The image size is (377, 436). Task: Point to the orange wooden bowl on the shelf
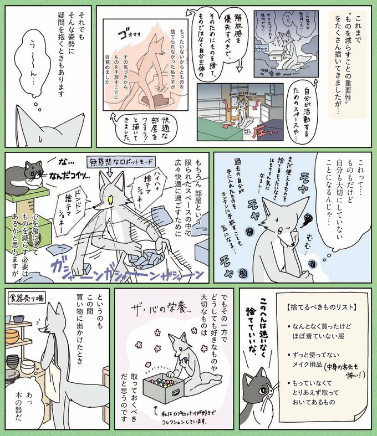(x=12, y=336)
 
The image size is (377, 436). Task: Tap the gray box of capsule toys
(x=164, y=388)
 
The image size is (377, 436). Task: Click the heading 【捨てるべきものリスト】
(x=307, y=307)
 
